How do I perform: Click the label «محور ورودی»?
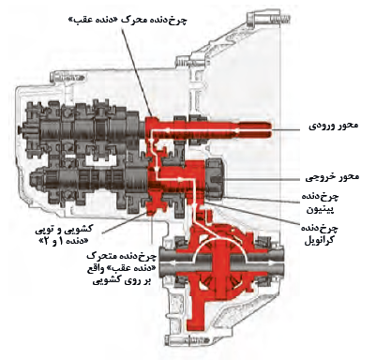[333, 126]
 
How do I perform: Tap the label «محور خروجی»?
[332, 177]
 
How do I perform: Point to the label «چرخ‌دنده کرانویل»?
[319, 232]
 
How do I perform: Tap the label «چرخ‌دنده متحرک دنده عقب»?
[120, 268]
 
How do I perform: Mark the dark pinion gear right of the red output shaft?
[214, 178]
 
